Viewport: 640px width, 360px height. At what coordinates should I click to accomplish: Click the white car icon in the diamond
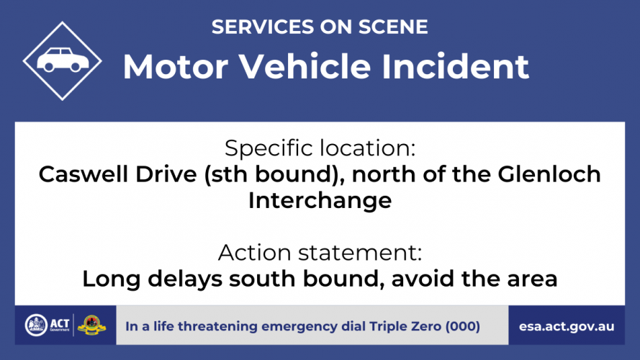(x=63, y=60)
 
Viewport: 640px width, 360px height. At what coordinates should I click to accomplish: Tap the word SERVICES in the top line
(x=263, y=27)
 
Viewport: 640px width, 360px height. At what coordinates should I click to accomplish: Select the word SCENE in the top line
(x=393, y=27)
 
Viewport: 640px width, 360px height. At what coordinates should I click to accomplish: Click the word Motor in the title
(x=176, y=66)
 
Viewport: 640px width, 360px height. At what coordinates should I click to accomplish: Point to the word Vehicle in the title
(x=305, y=66)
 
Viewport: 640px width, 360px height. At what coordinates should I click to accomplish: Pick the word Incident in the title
(x=455, y=66)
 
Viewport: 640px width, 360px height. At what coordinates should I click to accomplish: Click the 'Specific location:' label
(x=320, y=148)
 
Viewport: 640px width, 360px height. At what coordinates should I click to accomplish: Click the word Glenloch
(x=549, y=174)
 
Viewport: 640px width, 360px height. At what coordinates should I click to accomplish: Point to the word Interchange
(x=320, y=201)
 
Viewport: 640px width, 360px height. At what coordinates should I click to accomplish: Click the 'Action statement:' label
(x=320, y=253)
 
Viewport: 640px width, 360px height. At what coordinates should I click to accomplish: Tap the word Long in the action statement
(x=112, y=279)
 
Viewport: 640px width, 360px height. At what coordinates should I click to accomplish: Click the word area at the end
(x=532, y=280)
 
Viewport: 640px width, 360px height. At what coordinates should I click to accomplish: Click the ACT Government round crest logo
(x=36, y=325)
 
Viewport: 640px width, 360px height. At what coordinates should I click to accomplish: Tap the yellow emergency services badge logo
(x=91, y=325)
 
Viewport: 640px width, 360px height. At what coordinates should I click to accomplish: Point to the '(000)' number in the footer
(x=463, y=327)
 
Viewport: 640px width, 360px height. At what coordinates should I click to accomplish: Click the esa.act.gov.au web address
(x=567, y=327)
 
